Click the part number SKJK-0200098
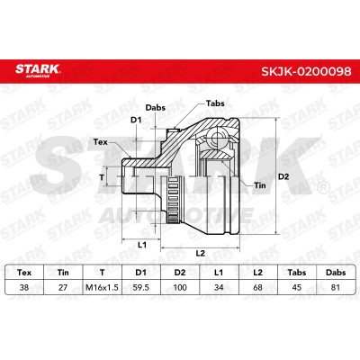[x=306, y=71]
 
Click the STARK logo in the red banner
[x=38, y=70]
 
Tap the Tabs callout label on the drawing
[x=215, y=103]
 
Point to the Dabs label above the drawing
[x=156, y=107]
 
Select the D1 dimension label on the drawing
[x=136, y=120]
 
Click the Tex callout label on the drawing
[x=100, y=141]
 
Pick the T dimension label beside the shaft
[x=102, y=177]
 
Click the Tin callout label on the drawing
[x=260, y=185]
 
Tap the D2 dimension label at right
[x=283, y=176]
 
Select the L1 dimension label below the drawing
[x=142, y=245]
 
